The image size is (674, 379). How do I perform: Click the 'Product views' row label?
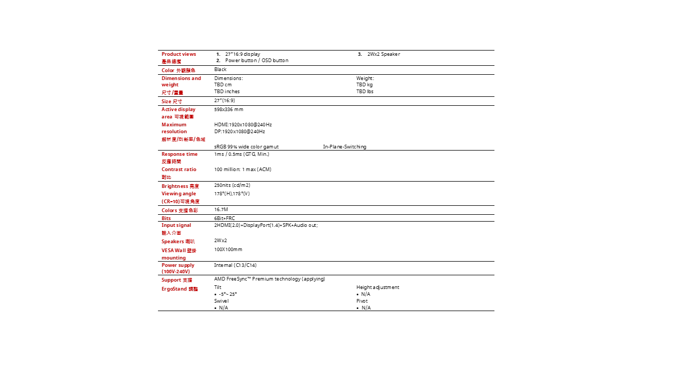(179, 54)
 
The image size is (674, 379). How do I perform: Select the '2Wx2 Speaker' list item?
(383, 54)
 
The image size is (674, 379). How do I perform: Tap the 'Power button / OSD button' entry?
(256, 61)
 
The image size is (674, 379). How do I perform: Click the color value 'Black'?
(220, 69)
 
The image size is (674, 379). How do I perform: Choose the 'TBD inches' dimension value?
(226, 92)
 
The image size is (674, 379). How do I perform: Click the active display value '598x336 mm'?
(229, 109)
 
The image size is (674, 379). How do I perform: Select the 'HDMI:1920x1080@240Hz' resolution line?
(243, 125)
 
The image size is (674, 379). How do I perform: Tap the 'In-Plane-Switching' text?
(344, 147)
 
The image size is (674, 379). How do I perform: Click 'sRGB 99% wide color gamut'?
(246, 147)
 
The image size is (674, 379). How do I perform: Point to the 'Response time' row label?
(180, 154)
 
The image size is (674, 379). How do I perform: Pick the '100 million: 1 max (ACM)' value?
(242, 169)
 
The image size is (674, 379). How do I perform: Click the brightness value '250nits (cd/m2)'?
(232, 185)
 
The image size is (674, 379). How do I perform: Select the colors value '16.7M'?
(221, 210)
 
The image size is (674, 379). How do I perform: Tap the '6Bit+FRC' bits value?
(224, 218)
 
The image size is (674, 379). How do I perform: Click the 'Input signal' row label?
(176, 225)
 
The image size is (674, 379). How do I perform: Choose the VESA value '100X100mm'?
(228, 250)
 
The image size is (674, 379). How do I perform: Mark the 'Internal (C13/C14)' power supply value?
(235, 265)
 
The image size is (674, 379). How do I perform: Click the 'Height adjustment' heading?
(378, 287)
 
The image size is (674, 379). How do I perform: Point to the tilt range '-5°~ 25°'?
(227, 294)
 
